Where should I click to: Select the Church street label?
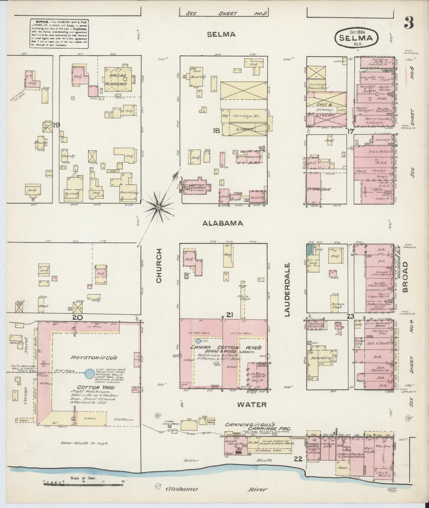coord(159,266)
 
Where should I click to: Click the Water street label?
coord(252,405)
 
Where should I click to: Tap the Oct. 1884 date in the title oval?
coord(355,31)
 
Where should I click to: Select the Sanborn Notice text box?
coord(59,33)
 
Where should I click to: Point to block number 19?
coord(56,125)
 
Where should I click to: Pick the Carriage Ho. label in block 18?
coord(246,116)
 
